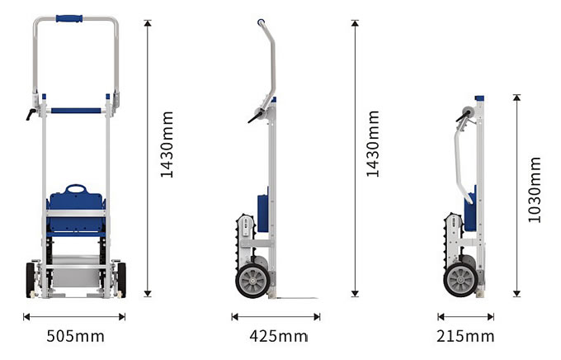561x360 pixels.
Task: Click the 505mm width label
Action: click(x=76, y=336)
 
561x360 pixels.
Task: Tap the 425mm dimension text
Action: click(x=278, y=336)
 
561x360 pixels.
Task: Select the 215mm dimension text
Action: click(x=465, y=336)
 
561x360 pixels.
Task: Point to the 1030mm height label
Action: click(x=535, y=189)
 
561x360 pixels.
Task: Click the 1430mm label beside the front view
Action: click(x=167, y=144)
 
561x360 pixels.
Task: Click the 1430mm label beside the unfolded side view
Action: click(x=372, y=144)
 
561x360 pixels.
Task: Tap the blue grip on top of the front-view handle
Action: click(x=69, y=18)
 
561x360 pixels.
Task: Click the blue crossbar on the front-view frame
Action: click(x=76, y=111)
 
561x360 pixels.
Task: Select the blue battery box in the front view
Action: click(x=76, y=211)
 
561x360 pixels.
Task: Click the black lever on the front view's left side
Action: click(x=31, y=114)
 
